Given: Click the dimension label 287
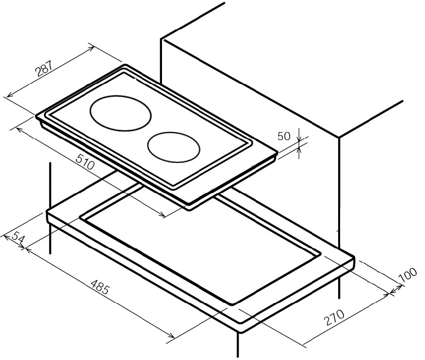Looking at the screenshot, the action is [x=44, y=68].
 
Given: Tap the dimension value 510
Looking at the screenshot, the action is [x=85, y=162].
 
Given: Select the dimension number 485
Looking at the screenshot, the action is [x=100, y=287].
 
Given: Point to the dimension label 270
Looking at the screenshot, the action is [x=334, y=317].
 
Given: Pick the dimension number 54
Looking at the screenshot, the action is [x=18, y=237].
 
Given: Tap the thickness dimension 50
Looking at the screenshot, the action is [x=284, y=136].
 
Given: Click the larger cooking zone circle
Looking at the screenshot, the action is [x=121, y=113].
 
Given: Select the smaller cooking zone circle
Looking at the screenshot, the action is [x=174, y=148].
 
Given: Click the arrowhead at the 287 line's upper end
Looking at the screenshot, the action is [x=92, y=48].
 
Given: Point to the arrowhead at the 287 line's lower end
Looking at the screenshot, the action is [x=9, y=95].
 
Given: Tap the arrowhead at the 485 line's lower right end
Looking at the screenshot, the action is [x=171, y=336].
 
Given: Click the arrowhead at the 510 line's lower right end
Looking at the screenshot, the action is [x=162, y=215].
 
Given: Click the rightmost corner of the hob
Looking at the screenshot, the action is [x=277, y=153].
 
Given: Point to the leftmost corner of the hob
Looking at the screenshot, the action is [x=36, y=116].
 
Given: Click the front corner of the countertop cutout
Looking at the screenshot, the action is [x=232, y=304].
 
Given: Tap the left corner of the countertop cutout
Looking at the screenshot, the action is [x=80, y=217].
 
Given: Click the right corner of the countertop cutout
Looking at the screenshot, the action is [x=321, y=254].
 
